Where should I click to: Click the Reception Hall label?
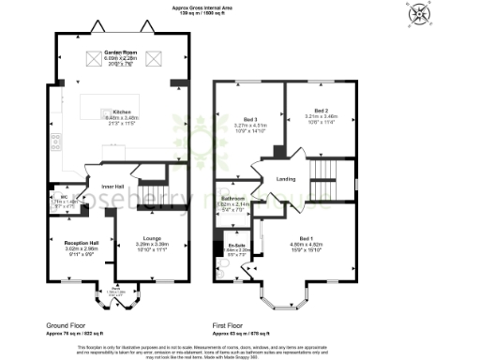pyautogui.click(x=69, y=242)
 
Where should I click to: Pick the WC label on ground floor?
pyautogui.click(x=52, y=197)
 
